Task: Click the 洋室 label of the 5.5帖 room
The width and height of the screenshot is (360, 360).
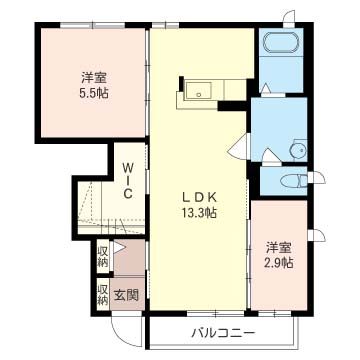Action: pos(95,75)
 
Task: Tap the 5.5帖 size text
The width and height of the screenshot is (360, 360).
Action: pos(95,92)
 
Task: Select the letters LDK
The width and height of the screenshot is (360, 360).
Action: pos(199,196)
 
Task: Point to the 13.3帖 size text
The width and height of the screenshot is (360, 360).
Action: pos(199,213)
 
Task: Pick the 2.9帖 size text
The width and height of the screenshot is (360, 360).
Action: pos(279,262)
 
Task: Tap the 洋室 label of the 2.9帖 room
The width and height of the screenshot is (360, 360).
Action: pos(279,246)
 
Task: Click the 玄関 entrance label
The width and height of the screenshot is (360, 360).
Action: pos(126,295)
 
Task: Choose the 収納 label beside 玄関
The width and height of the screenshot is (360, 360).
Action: pos(103,294)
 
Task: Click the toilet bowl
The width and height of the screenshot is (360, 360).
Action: pos(291,181)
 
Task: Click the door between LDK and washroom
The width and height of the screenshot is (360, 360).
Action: pos(239,146)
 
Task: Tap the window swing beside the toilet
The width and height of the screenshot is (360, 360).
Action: pos(321,178)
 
